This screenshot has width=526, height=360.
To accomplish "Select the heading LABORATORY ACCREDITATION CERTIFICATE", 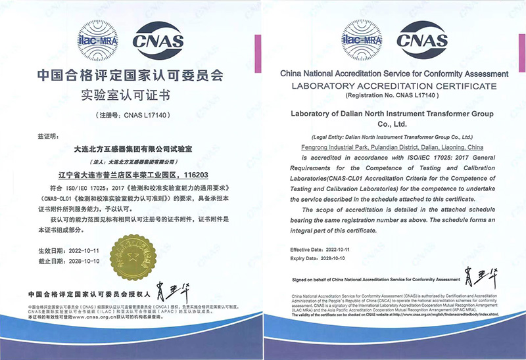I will click(x=394, y=86).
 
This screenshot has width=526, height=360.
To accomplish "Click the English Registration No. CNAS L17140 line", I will click(x=394, y=96).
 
